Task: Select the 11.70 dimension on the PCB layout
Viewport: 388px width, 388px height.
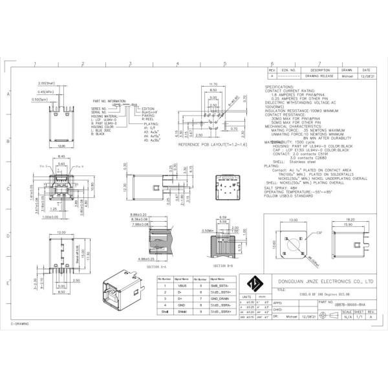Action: [x=214, y=84]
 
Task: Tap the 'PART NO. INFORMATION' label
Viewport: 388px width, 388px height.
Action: [x=109, y=101]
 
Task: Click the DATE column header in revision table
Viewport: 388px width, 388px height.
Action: [x=366, y=69]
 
